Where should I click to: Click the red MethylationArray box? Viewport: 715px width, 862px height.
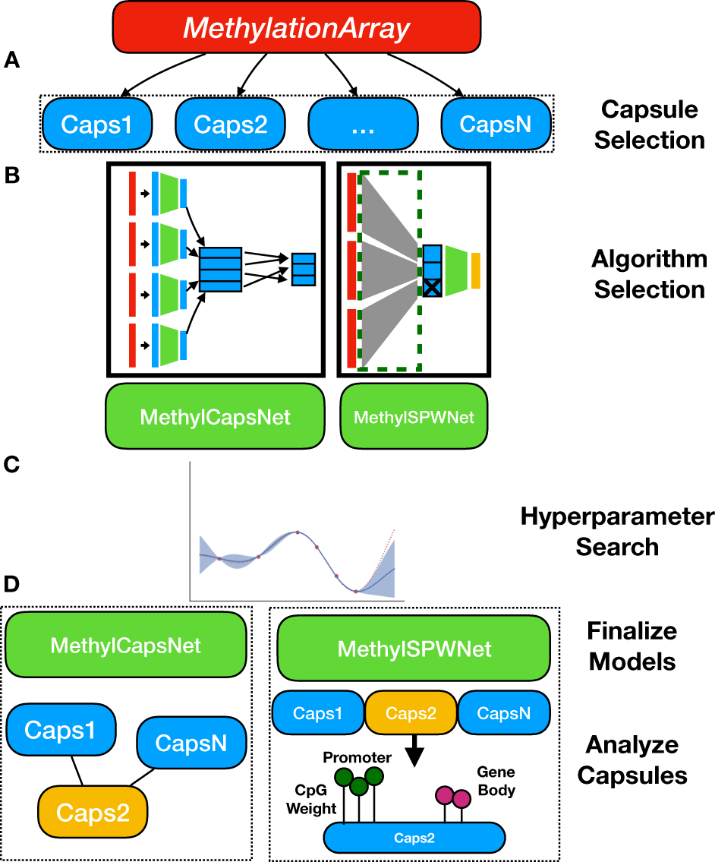[x=297, y=29]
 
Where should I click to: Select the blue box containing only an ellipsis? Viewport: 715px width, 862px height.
[x=364, y=125]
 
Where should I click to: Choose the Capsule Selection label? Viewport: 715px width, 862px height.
[x=649, y=125]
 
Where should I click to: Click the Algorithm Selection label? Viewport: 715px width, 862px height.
[x=649, y=274]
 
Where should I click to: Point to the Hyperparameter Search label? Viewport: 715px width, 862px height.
[x=617, y=532]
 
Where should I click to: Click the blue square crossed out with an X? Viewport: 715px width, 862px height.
[x=433, y=287]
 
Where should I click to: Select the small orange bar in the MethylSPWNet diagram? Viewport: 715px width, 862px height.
[x=476, y=271]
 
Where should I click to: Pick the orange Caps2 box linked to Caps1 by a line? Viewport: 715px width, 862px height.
[x=93, y=813]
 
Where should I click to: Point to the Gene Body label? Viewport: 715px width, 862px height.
[x=496, y=781]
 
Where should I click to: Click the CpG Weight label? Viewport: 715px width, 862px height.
[x=310, y=800]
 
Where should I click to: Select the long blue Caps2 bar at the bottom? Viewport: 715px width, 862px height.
[x=414, y=838]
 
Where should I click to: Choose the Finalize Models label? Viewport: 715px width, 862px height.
[x=632, y=646]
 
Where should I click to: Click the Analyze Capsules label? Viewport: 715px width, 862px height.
[x=632, y=759]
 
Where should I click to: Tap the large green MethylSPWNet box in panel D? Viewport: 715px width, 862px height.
[x=414, y=649]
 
